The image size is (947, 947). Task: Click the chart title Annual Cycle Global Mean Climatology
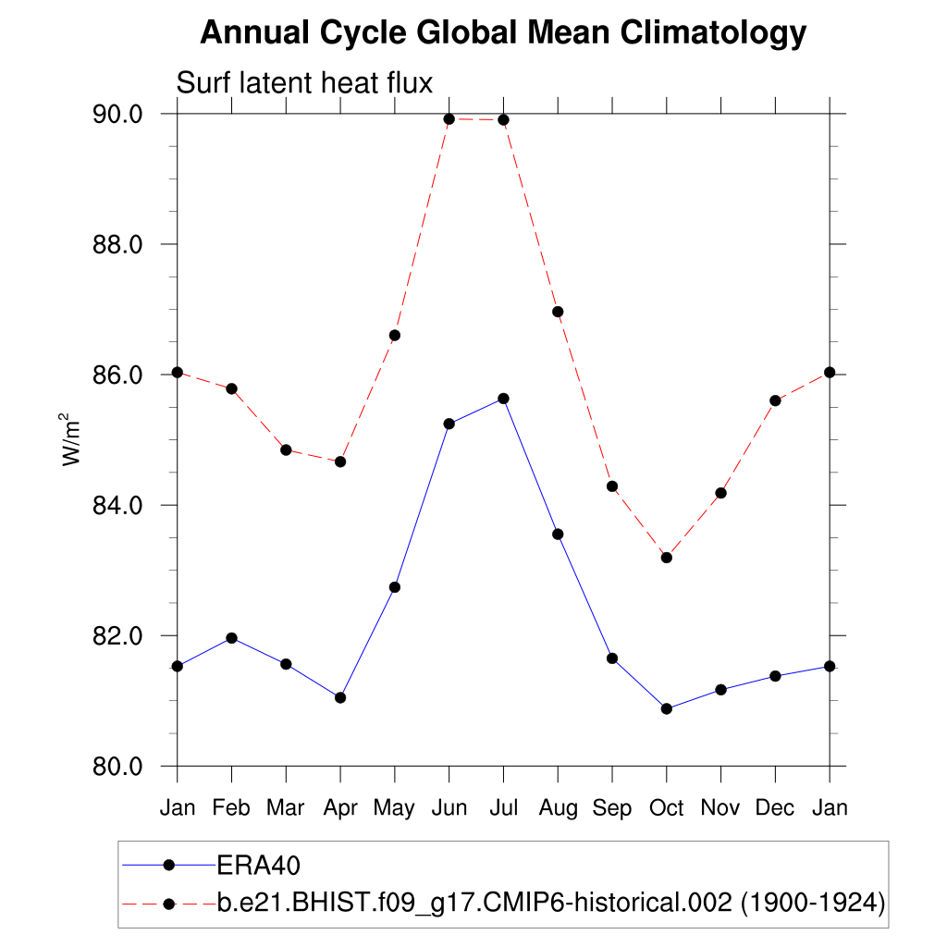[x=503, y=33]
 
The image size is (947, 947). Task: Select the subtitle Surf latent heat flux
[x=304, y=83]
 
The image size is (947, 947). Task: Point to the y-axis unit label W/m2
[x=72, y=439]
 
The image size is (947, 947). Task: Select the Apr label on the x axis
[x=340, y=807]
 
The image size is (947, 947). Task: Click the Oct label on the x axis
[x=666, y=807]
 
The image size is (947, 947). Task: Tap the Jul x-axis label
[x=503, y=807]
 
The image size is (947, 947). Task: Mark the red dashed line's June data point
[x=449, y=119]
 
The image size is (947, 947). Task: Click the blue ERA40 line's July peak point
[x=503, y=399]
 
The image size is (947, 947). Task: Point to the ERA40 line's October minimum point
[x=666, y=708]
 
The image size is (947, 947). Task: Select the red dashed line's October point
[x=666, y=558]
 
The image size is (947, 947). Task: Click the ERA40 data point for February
[x=231, y=638]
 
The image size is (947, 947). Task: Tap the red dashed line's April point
[x=340, y=461]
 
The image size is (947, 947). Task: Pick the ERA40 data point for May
[x=395, y=587]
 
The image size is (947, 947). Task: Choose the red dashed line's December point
[x=775, y=400]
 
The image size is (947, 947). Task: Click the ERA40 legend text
[x=260, y=865]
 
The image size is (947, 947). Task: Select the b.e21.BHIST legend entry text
[x=551, y=902]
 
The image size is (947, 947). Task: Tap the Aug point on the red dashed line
[x=558, y=312]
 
